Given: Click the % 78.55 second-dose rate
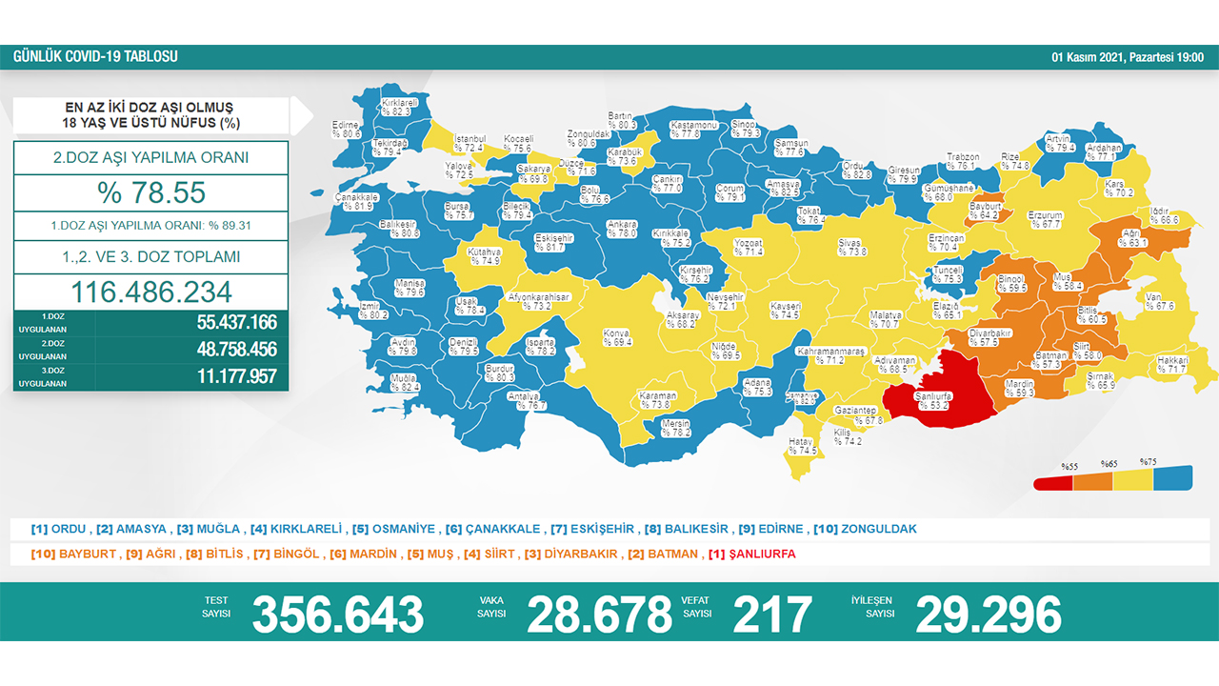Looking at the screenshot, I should click(151, 193).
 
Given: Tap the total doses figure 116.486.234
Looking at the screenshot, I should click(151, 292).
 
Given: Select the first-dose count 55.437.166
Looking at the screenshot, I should click(236, 323).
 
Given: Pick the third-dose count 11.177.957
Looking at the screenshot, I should click(236, 376).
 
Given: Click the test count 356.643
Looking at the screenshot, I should click(337, 615).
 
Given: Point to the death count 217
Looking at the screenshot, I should click(772, 615).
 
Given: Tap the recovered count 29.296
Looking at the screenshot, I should click(988, 615).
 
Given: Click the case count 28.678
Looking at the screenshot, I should click(599, 615).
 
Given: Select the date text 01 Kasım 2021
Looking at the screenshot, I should click(1087, 57).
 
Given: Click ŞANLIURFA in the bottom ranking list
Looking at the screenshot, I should click(761, 554).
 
